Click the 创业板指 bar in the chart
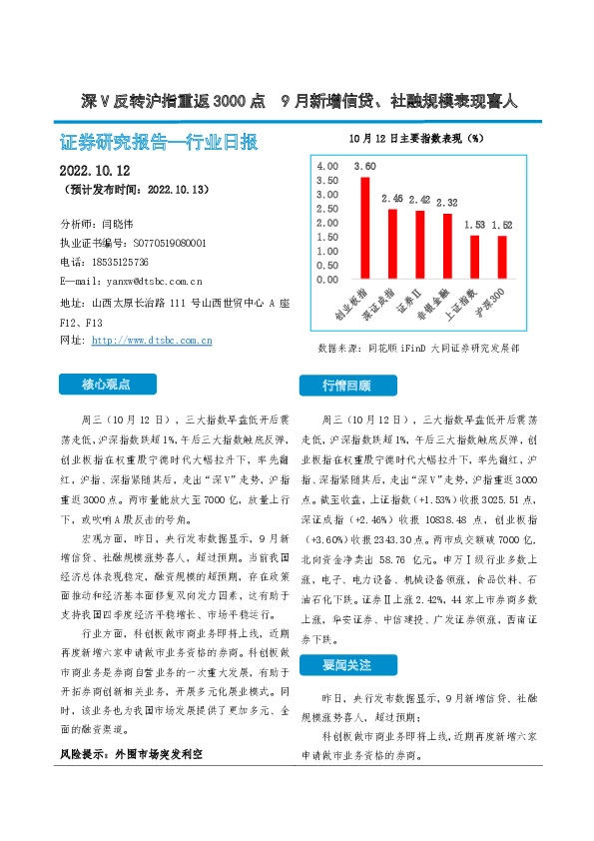click(365, 229)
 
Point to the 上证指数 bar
click(474, 259)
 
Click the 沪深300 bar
click(501, 259)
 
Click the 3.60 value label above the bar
click(365, 166)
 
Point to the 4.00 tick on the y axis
click(326, 164)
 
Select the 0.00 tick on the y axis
click(326, 281)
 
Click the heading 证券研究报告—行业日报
click(159, 141)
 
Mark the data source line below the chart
click(418, 349)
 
